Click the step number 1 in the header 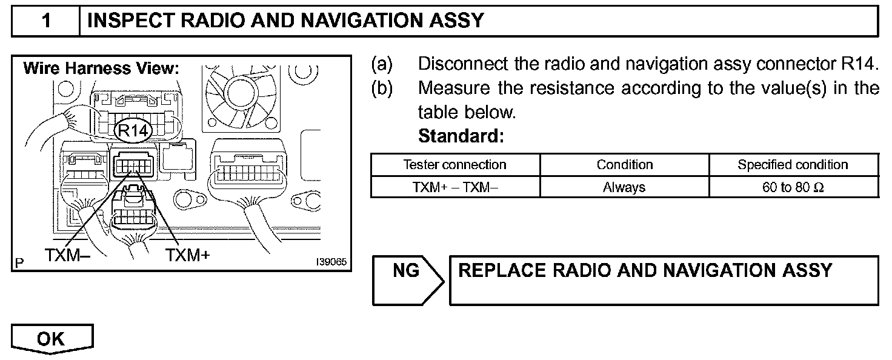tap(46, 22)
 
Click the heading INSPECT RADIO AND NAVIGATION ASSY tap(285, 22)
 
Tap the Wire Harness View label tap(101, 68)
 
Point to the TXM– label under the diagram tap(67, 255)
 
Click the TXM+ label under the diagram tap(187, 255)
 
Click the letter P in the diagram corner tap(19, 264)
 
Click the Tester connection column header tap(454, 165)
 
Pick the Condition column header tap(624, 165)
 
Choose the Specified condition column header tap(793, 165)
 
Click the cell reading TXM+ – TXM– tap(454, 187)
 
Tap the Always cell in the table tap(624, 187)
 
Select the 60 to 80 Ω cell tap(793, 187)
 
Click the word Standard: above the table tap(461, 136)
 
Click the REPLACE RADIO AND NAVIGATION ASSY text tap(645, 270)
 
